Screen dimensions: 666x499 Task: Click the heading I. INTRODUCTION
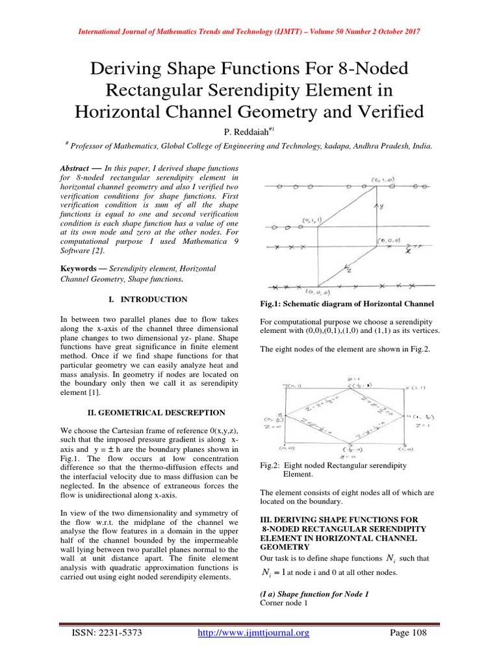pyautogui.click(x=146, y=299)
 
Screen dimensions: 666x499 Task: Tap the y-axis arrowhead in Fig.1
pyautogui.click(x=376, y=204)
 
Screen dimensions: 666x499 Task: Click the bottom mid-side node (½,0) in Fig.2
pyautogui.click(x=344, y=449)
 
